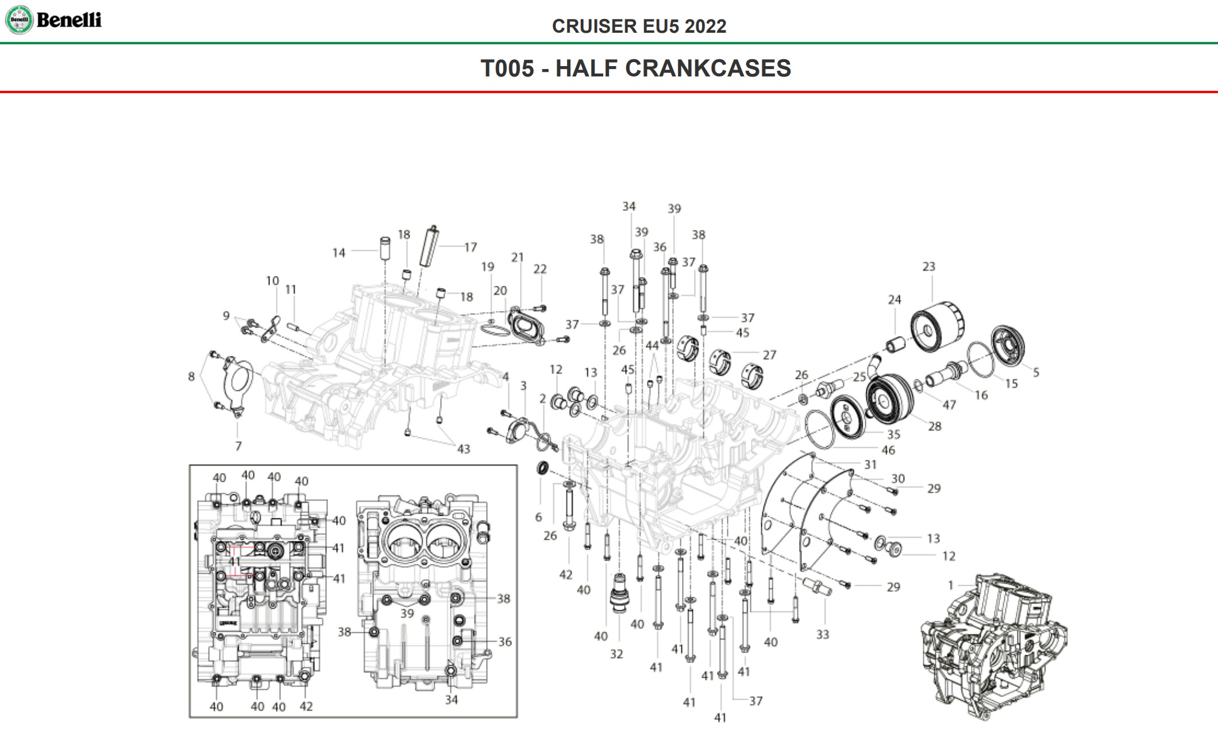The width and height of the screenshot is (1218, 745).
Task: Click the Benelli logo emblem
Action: tap(19, 20)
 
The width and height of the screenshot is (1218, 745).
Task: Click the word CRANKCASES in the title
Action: tap(708, 68)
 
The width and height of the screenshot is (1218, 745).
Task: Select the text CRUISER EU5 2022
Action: tap(639, 26)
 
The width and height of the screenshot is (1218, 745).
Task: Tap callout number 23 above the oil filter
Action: tap(929, 267)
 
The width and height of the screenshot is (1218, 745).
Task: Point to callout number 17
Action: tap(471, 247)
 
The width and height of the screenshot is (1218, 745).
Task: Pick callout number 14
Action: tap(339, 253)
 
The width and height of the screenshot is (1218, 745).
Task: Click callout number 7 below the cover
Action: tap(238, 446)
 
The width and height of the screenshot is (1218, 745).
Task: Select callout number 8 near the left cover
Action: tap(191, 377)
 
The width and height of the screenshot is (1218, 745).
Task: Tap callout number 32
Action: tap(616, 654)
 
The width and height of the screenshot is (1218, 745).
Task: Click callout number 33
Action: tap(823, 634)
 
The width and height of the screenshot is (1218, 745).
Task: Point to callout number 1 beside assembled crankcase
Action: tap(951, 585)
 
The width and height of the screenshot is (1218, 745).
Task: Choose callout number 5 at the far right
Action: tap(1036, 373)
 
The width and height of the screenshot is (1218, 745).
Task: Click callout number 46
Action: tap(888, 450)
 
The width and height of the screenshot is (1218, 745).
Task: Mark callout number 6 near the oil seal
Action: tap(538, 517)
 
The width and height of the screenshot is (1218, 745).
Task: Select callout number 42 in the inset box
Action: tap(306, 706)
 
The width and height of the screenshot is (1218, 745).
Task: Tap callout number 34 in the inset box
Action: tap(452, 700)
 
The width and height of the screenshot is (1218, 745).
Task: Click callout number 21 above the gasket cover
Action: tap(518, 258)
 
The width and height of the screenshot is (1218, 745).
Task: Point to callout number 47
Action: tap(949, 405)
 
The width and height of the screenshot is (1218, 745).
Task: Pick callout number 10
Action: tap(272, 281)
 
